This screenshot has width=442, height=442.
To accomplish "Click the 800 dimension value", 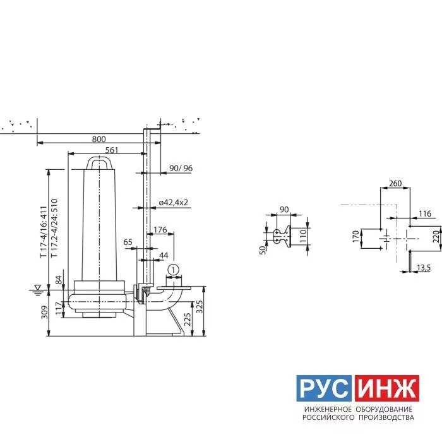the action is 99,139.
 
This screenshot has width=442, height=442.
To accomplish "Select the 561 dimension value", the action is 112,150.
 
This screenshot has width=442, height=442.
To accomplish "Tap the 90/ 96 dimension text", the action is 181,169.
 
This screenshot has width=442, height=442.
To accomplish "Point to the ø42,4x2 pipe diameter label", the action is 174,203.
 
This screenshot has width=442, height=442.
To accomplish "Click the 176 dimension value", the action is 160,230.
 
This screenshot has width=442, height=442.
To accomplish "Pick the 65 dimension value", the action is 128,242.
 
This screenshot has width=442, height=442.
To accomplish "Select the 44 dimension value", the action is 164,255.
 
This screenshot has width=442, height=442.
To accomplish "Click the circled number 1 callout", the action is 174,270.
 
